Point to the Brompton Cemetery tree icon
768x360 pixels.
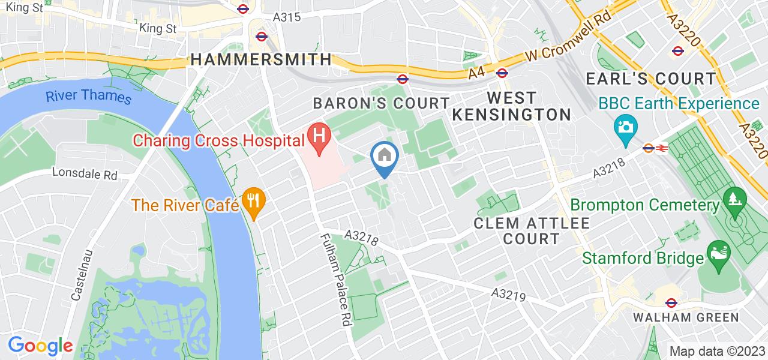(x=733, y=199)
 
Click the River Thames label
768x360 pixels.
(x=88, y=96)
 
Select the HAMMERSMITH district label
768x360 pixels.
(x=261, y=59)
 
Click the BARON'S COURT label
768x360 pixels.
(x=382, y=103)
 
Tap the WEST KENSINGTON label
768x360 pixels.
(x=512, y=106)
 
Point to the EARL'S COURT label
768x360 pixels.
(x=651, y=79)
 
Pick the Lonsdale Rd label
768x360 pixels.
(x=85, y=173)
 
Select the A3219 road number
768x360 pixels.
(x=508, y=295)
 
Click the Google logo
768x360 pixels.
(x=40, y=346)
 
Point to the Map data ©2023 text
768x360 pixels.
(x=716, y=351)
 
